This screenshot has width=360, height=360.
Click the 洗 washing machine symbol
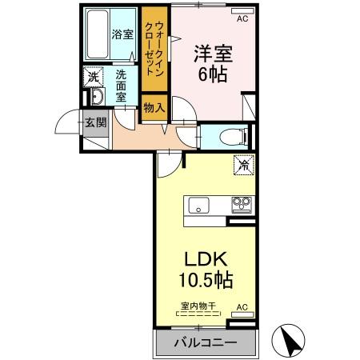tap(94, 78)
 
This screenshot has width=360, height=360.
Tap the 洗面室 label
tap(121, 85)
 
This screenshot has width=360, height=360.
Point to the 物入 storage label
tap(154, 107)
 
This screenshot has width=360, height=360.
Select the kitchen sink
tap(199, 205)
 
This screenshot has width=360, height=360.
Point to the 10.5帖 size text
tap(206, 281)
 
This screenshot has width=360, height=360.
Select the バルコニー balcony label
tap(206, 342)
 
